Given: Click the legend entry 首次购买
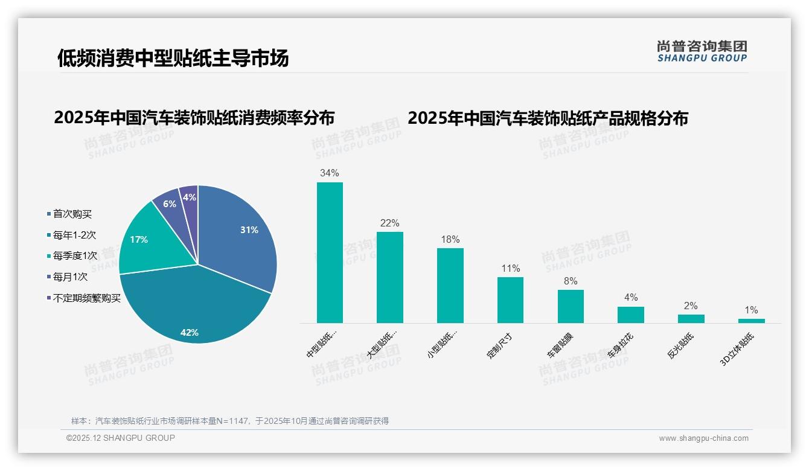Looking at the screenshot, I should (72, 214).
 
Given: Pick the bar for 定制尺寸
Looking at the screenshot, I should (510, 300).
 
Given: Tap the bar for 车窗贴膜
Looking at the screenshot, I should (571, 306).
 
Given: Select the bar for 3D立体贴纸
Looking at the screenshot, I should (751, 321).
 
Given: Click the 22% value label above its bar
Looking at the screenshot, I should (389, 223).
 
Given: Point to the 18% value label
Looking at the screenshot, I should (450, 239).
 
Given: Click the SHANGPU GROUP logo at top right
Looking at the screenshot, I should (702, 51).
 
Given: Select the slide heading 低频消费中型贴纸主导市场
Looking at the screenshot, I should (173, 58).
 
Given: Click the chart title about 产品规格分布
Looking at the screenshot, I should (548, 118).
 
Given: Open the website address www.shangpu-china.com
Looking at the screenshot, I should (703, 438).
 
